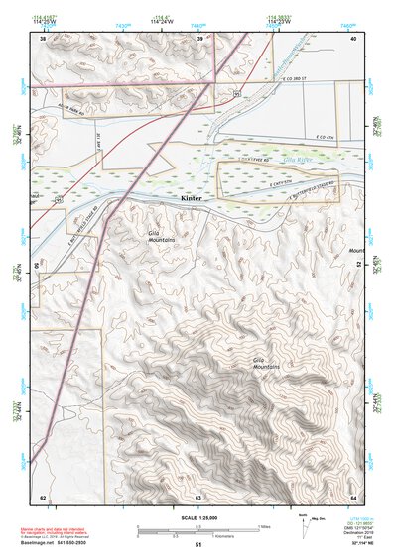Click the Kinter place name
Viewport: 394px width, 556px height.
coord(192,199)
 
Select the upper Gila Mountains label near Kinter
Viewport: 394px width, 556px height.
coord(161,236)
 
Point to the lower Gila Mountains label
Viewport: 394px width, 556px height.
coord(266,364)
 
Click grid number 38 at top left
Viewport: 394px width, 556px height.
coord(43,38)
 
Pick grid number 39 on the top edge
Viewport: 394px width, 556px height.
coord(200,38)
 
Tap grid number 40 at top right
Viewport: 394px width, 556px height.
coord(354,38)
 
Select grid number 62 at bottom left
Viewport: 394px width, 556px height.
coord(43,496)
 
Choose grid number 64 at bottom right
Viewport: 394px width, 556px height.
coord(354,496)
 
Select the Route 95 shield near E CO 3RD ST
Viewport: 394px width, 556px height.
coord(237,93)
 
